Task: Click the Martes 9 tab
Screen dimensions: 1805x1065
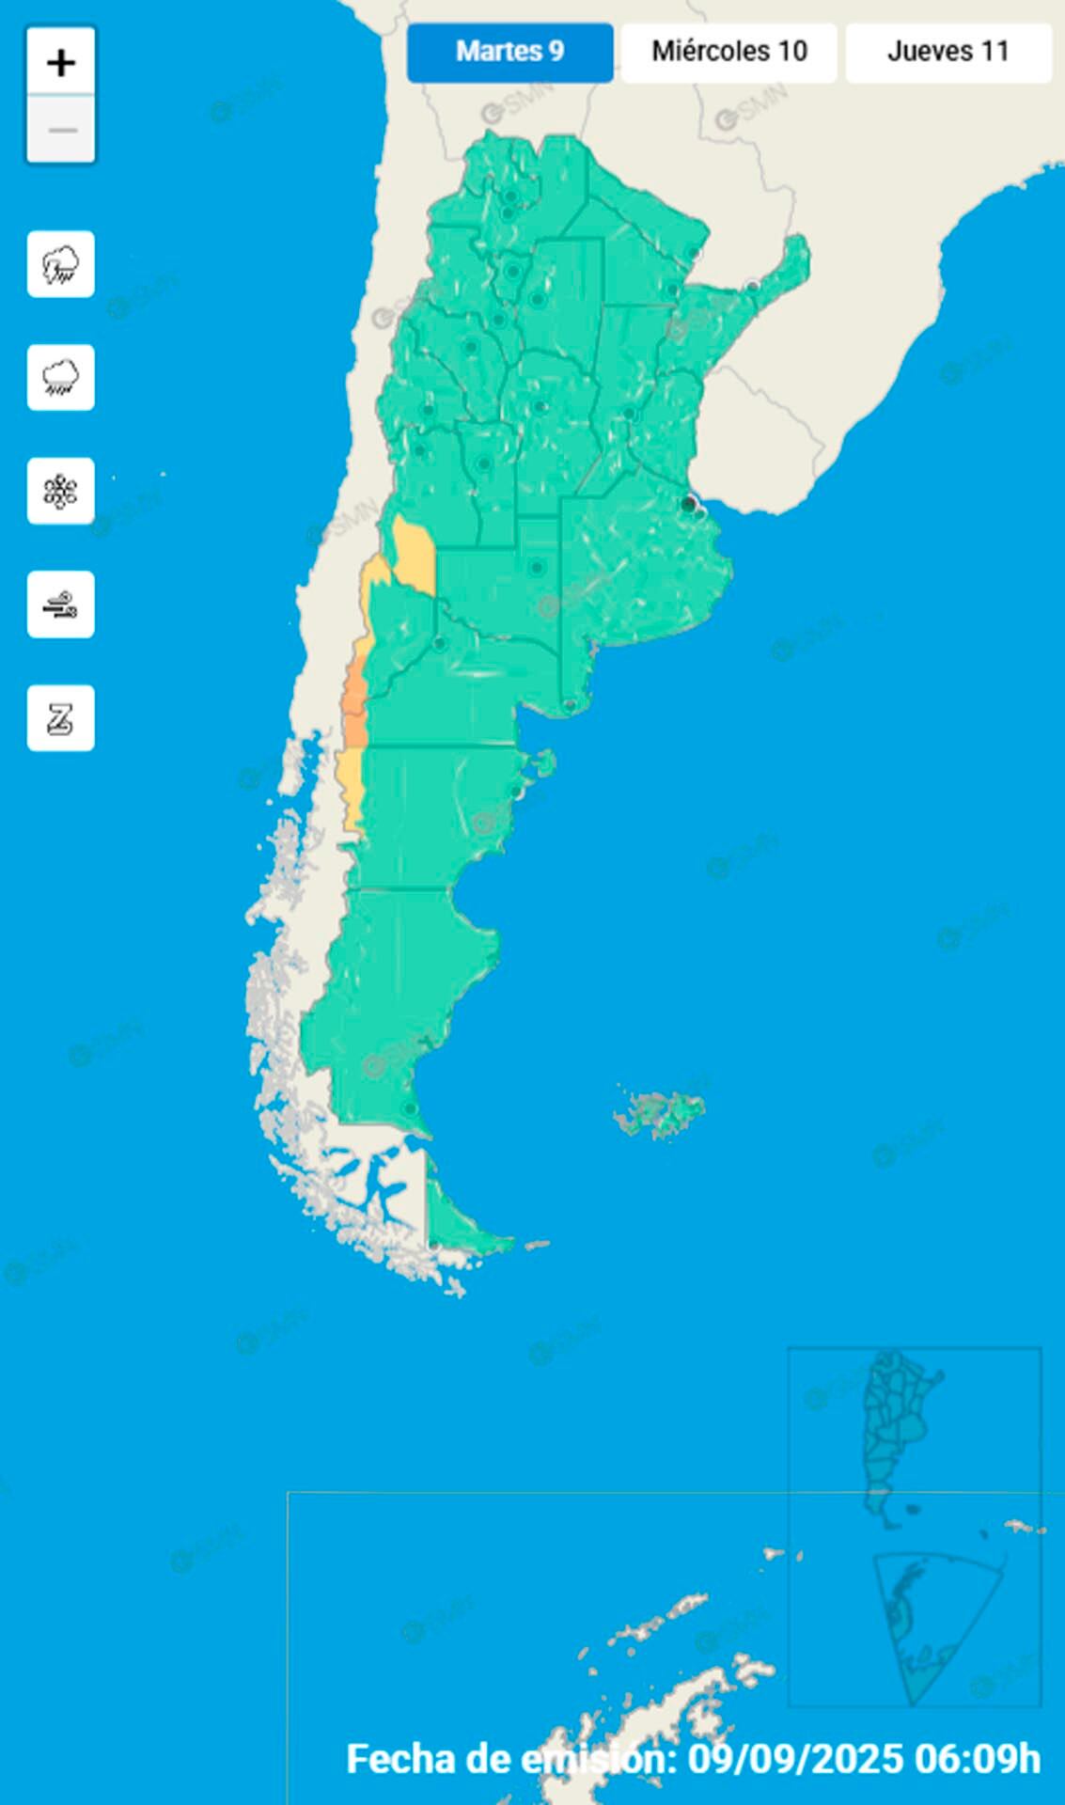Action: point(509,52)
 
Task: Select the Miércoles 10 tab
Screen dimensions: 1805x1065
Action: point(729,52)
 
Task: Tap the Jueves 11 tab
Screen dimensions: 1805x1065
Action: point(948,52)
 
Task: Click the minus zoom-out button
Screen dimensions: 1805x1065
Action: point(61,130)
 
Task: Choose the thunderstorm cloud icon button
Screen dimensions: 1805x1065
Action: point(61,264)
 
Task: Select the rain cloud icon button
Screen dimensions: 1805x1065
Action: point(61,378)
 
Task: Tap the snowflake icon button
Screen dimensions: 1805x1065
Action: point(61,492)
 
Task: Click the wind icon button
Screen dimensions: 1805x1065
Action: point(61,604)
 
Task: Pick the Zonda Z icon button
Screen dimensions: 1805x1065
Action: point(61,718)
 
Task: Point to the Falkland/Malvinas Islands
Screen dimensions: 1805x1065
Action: point(661,1113)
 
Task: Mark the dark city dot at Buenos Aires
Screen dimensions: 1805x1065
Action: point(689,505)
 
